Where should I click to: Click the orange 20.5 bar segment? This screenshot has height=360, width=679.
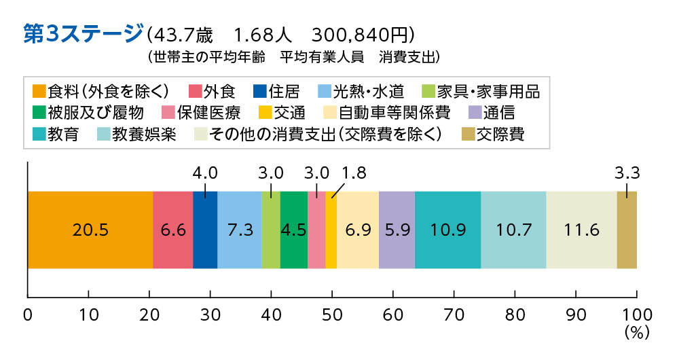(90, 230)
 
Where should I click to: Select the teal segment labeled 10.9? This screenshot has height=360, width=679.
(447, 230)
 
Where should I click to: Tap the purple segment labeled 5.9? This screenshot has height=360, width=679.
(397, 230)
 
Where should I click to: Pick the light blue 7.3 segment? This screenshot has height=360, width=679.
(240, 230)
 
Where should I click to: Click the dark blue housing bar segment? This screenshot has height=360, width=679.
(205, 230)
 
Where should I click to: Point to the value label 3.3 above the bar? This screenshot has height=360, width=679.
(627, 173)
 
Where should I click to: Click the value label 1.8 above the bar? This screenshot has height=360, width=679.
(354, 173)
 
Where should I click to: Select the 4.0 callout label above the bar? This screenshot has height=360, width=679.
(205, 173)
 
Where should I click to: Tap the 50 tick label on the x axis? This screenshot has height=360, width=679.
(332, 314)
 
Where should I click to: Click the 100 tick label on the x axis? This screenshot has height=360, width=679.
(636, 314)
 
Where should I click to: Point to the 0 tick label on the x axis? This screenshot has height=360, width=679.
(28, 314)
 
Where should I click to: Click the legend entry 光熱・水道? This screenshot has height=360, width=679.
(355, 90)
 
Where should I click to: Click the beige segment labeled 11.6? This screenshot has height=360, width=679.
(581, 230)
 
